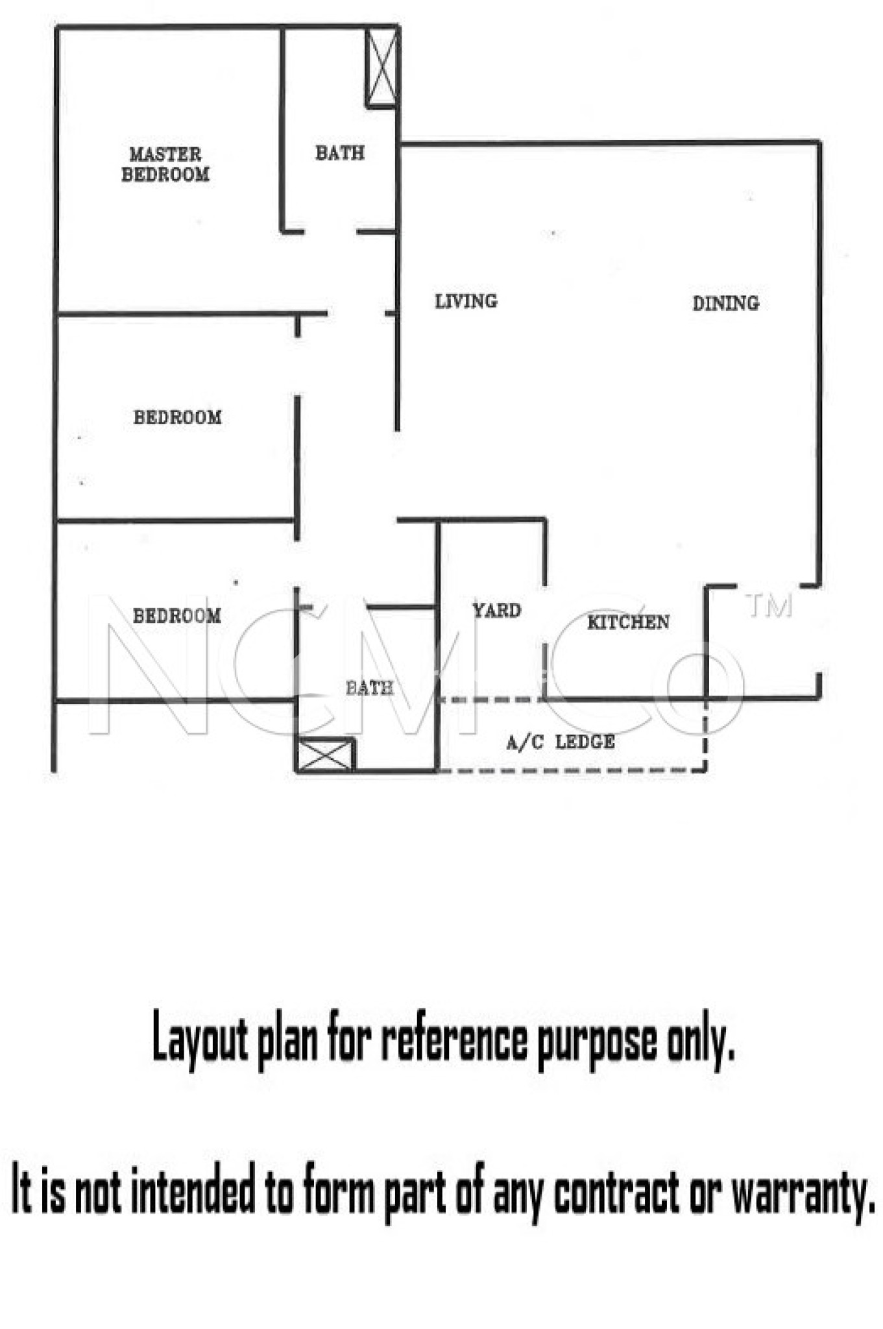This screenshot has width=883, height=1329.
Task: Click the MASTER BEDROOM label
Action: [x=165, y=164]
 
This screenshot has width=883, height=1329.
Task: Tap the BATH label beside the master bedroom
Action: [x=340, y=153]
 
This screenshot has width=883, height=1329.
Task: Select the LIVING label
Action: [x=466, y=301]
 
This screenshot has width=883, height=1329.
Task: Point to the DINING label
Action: [x=725, y=303]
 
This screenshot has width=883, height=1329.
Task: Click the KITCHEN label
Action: [x=628, y=622]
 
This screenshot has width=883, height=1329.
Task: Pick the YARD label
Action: [x=496, y=611]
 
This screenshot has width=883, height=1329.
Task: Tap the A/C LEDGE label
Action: [x=561, y=742]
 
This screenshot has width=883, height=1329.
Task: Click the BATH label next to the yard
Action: [x=369, y=688]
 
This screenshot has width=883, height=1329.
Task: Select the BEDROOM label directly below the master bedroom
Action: [x=177, y=417]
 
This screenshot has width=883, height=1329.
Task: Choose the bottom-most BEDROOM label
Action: [x=176, y=616]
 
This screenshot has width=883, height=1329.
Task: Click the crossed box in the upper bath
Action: [x=381, y=68]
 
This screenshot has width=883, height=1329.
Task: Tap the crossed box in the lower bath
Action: [x=325, y=755]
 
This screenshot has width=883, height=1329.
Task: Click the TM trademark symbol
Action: [x=769, y=606]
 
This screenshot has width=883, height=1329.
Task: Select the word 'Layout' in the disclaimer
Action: [x=200, y=1040]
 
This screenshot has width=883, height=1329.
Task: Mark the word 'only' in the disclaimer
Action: [x=701, y=1042]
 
